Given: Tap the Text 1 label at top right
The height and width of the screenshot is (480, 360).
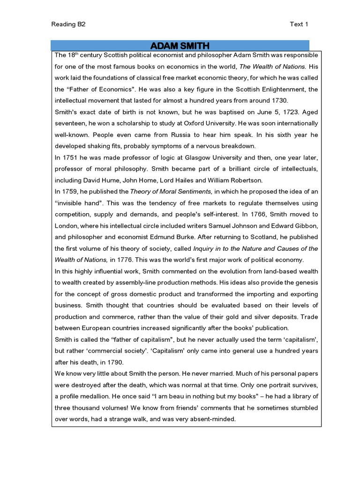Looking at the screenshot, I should pos(299,25).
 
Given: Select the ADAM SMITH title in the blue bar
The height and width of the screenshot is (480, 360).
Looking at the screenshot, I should pos(180,45).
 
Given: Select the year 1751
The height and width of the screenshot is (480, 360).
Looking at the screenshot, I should pos(71,157).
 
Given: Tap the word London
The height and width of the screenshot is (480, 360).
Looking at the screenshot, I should pos(66,225).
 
